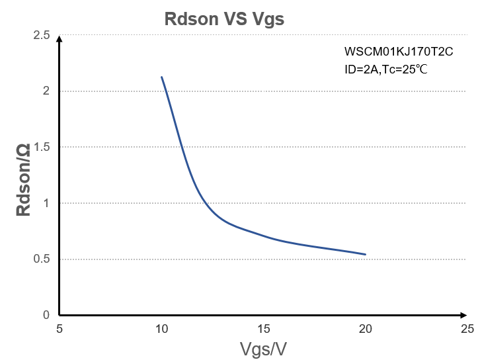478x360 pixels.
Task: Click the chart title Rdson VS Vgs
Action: tap(224, 19)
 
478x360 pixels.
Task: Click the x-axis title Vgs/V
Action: tap(262, 347)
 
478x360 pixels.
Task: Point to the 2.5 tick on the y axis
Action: tap(42, 35)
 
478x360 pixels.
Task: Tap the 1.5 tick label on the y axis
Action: tap(42, 147)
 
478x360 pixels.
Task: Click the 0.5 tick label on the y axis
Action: tap(42, 259)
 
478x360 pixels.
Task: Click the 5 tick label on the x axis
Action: tap(60, 328)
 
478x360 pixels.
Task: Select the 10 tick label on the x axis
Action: tap(161, 328)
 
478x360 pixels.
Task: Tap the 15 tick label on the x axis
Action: tap(263, 328)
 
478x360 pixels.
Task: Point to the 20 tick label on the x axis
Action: tap(365, 328)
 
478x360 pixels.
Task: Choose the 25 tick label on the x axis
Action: tap(467, 328)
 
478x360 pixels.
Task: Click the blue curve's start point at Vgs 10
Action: tap(161, 77)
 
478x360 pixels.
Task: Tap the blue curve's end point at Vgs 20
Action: tap(365, 254)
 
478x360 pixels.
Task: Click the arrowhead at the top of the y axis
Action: tap(60, 38)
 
